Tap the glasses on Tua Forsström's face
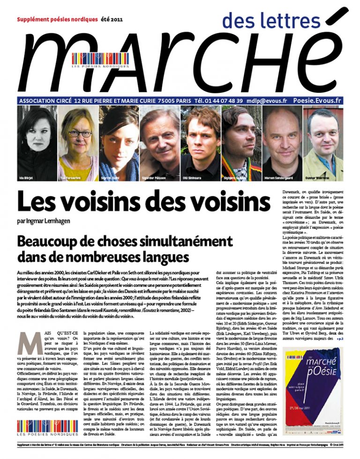click(x=79, y=134)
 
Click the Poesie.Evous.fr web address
click(x=317, y=100)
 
